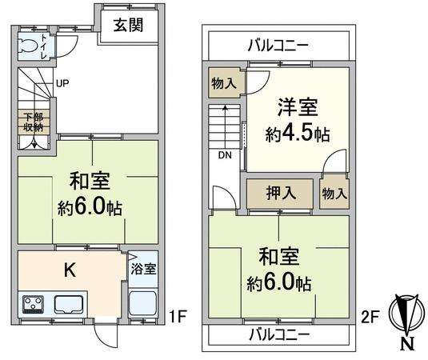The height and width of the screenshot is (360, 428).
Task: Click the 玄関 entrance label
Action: click(x=128, y=25)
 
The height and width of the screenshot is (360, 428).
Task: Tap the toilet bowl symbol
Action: click(x=28, y=46)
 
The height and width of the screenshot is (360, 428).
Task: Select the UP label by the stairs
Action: click(x=62, y=83)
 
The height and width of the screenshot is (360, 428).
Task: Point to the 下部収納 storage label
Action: click(x=34, y=122)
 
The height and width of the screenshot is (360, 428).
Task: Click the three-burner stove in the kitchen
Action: click(x=33, y=304)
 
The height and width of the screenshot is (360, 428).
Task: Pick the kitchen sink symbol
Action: click(x=69, y=305)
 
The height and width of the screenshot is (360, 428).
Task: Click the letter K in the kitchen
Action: click(x=70, y=270)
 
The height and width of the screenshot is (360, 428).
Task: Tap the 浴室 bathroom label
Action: click(x=143, y=269)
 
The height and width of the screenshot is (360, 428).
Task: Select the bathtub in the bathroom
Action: click(x=142, y=303)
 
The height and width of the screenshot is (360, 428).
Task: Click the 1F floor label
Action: click(x=178, y=317)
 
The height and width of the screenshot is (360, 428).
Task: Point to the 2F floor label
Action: click(x=370, y=317)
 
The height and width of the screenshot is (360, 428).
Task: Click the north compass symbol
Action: click(x=407, y=313)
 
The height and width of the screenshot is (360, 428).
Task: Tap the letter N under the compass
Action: click(x=407, y=344)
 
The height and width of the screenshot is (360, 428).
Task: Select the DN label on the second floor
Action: click(x=225, y=155)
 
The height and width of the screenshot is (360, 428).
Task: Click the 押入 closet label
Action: click(x=281, y=193)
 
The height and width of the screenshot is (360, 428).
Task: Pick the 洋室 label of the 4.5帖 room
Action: click(x=298, y=107)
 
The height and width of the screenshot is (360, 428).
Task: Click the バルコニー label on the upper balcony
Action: click(x=278, y=45)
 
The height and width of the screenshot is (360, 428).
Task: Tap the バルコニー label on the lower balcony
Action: click(x=279, y=334)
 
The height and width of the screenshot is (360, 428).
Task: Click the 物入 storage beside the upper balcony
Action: click(x=224, y=83)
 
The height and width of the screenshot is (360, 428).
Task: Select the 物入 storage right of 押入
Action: click(x=334, y=194)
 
